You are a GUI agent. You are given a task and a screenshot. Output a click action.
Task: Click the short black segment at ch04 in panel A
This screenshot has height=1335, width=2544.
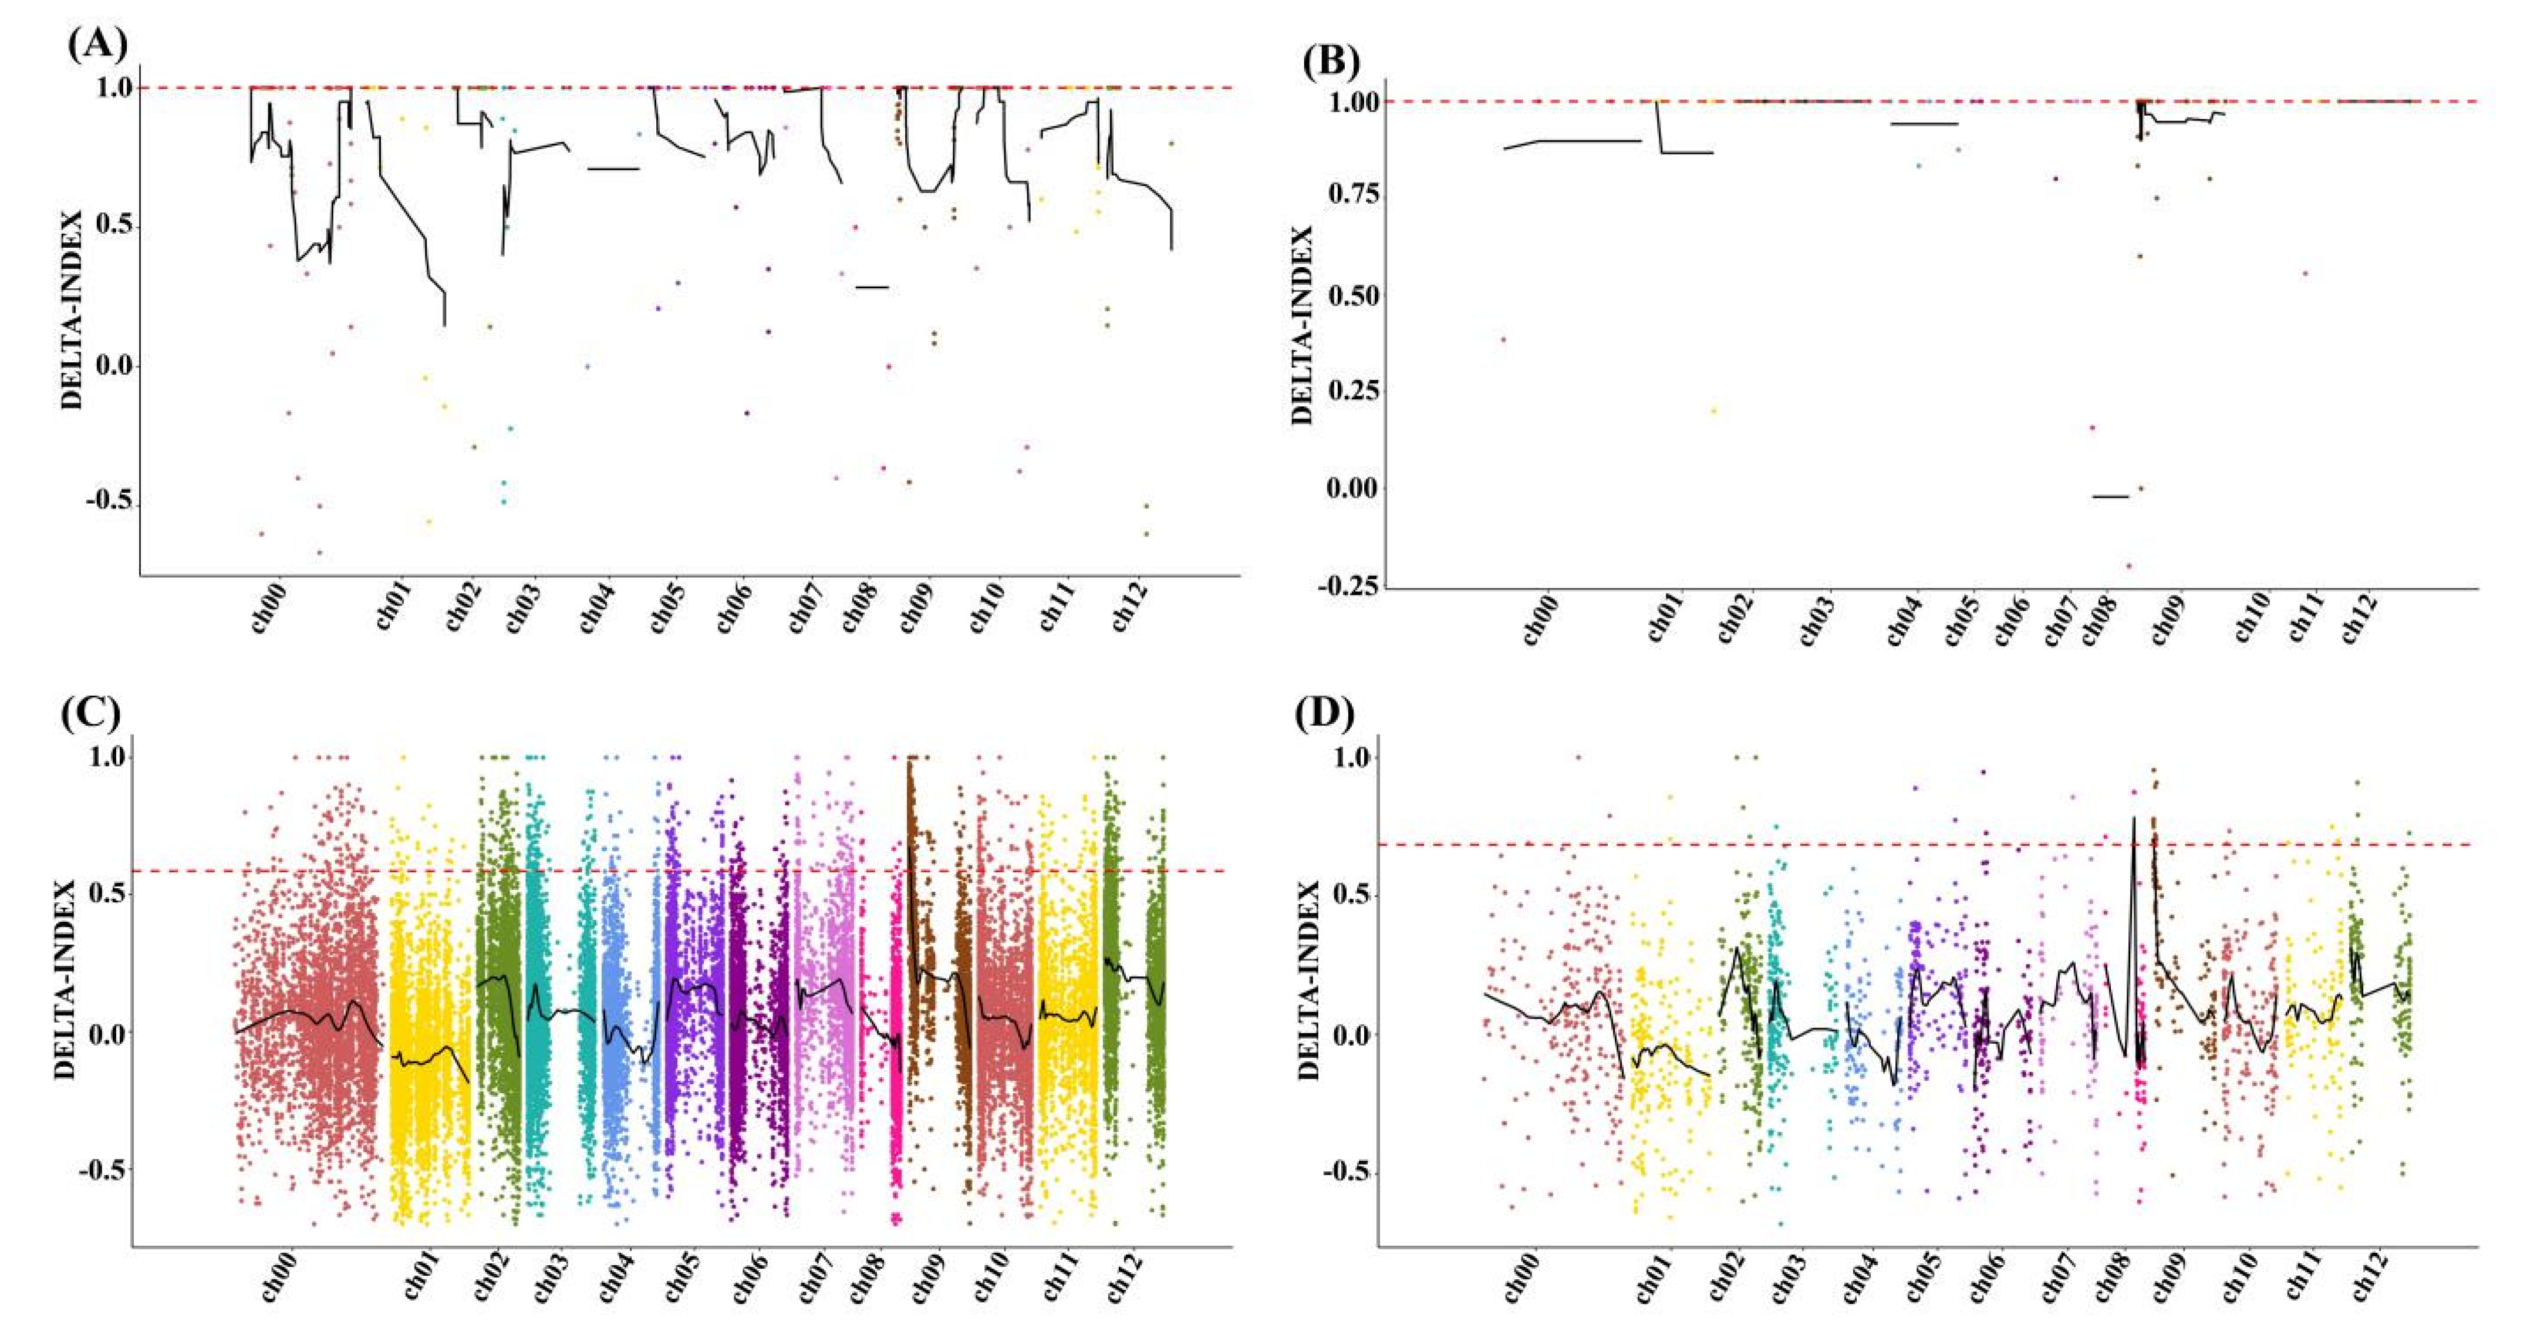[613, 169]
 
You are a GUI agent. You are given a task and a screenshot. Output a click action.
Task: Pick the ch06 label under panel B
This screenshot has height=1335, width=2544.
[2010, 619]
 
